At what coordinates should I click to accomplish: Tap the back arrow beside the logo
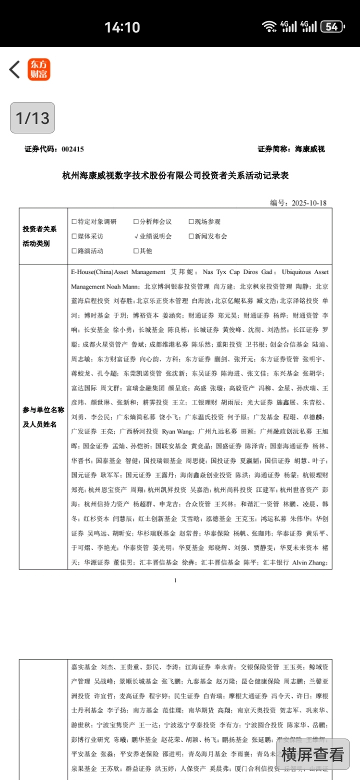[14, 69]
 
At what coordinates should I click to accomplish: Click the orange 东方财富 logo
[39, 69]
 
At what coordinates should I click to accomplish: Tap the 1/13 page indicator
[32, 118]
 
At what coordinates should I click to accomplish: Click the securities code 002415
[72, 149]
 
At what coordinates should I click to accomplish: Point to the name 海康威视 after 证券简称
[310, 149]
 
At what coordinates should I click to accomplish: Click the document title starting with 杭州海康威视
[175, 175]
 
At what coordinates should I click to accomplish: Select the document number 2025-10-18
[309, 203]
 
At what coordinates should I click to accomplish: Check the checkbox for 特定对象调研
[74, 221]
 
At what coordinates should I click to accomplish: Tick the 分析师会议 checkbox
[136, 221]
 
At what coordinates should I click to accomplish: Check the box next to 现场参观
[191, 221]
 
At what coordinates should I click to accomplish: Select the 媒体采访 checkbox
[74, 236]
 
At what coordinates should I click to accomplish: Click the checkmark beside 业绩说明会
[136, 236]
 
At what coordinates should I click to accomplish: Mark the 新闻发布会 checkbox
[191, 236]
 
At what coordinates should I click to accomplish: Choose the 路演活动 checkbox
[74, 250]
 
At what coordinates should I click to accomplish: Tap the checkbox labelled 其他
[136, 250]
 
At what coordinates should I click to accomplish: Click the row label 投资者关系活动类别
[39, 236]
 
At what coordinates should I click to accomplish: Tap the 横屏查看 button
[312, 754]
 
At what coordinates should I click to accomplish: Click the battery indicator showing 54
[332, 26]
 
